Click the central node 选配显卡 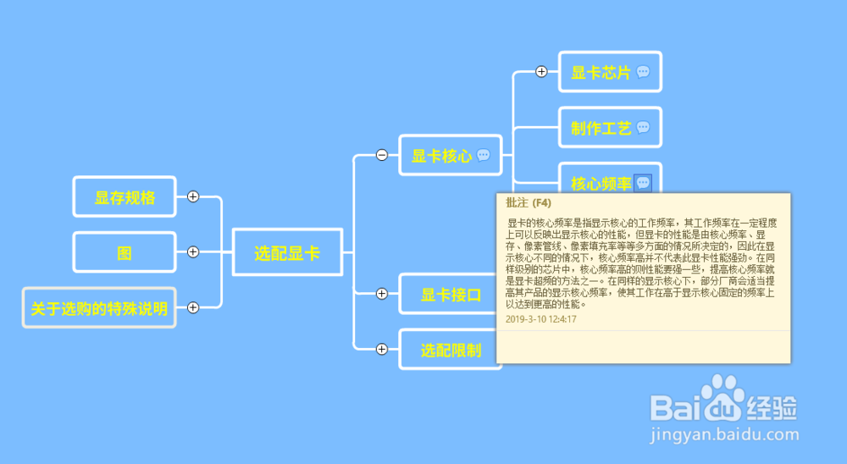tap(287, 252)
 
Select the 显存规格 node tap(125, 197)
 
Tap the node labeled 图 tap(125, 252)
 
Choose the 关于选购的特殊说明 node tap(99, 308)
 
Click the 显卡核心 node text tap(441, 156)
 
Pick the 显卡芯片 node tap(601, 73)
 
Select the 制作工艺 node tap(601, 128)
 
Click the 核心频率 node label tap(601, 184)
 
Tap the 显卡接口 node tap(451, 295)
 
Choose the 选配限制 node tap(451, 350)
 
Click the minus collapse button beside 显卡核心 tap(382, 155)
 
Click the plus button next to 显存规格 tap(193, 196)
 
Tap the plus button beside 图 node tap(193, 251)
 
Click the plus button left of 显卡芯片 tap(542, 72)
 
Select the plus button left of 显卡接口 tap(382, 294)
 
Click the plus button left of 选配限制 tap(382, 349)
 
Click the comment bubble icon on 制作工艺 tap(643, 128)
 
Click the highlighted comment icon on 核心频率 tap(643, 183)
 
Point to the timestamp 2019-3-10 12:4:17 tap(540, 319)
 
